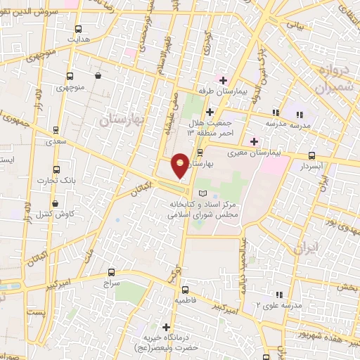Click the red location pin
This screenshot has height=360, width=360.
[180, 165]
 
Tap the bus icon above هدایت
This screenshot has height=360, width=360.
[79, 30]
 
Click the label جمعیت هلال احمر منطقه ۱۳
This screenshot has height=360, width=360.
[210, 127]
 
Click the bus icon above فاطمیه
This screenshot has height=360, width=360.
[185, 290]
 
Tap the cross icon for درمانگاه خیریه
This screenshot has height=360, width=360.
[166, 327]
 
